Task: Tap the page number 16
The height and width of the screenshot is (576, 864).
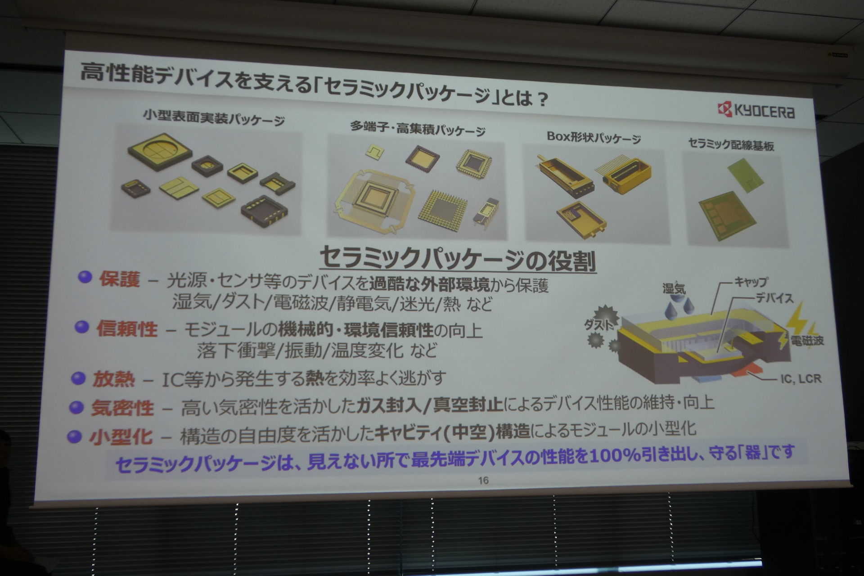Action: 483,481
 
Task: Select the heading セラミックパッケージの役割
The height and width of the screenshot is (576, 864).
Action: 458,260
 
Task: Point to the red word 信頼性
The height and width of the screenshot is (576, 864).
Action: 127,329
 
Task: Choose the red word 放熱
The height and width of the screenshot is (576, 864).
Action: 113,379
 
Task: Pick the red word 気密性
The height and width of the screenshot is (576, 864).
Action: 122,408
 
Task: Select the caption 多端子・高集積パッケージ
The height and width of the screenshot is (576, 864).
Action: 418,129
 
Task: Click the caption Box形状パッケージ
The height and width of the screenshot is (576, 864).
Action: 594,137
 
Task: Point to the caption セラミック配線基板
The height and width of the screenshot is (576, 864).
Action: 731,144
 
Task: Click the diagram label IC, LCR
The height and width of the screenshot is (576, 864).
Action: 801,379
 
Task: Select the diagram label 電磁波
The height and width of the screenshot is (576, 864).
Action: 807,341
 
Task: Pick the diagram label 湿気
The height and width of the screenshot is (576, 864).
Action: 674,288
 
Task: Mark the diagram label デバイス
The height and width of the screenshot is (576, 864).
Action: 774,298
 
